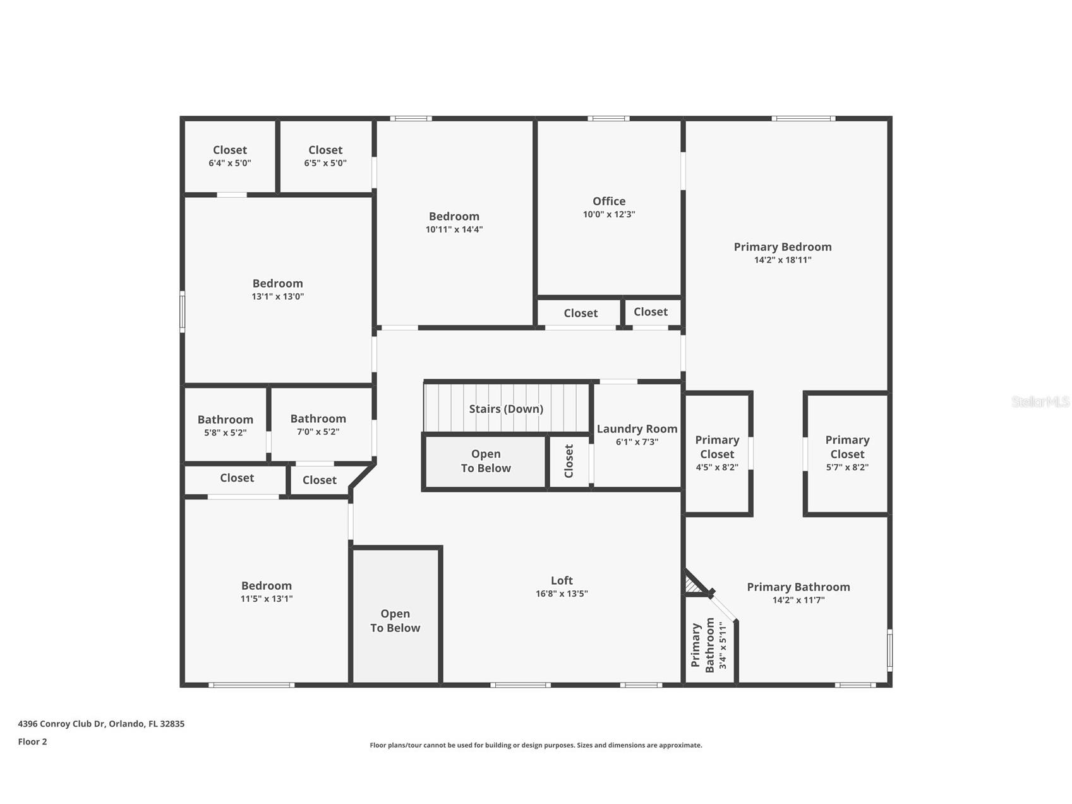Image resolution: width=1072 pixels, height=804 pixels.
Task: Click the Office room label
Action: click(x=608, y=202)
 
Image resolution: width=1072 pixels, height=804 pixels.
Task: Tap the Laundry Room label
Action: click(x=637, y=429)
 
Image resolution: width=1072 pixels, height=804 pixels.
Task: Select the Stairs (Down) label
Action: click(x=505, y=409)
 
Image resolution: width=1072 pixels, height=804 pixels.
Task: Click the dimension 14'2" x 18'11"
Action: click(x=782, y=260)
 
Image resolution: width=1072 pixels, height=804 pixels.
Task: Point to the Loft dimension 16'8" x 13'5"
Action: click(x=561, y=594)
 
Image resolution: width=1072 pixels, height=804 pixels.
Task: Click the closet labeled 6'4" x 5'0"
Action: click(x=229, y=155)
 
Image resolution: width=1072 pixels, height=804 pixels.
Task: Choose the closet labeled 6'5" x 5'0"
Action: click(x=325, y=155)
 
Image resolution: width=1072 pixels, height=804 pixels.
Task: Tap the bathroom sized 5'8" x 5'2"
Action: click(x=225, y=425)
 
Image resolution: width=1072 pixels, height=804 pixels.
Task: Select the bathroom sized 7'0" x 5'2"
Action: click(x=318, y=425)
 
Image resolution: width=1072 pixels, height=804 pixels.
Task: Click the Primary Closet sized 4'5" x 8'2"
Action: click(x=716, y=453)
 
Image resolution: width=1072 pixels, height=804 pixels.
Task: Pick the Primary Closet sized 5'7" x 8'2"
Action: click(x=846, y=453)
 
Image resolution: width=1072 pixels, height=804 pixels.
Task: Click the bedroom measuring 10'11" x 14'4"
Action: click(x=454, y=222)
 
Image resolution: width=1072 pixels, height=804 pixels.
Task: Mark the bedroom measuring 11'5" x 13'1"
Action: click(x=266, y=592)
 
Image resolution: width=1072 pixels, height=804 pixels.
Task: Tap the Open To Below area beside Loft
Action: click(x=395, y=620)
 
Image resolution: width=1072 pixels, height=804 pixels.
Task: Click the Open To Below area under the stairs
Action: click(x=485, y=461)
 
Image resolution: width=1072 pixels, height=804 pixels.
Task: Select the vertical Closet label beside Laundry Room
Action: click(x=569, y=461)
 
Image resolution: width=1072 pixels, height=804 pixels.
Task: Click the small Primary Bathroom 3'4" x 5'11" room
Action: click(x=709, y=645)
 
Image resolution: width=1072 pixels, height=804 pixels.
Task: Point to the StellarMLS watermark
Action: click(x=1040, y=401)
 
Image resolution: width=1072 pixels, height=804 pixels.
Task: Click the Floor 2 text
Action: click(x=32, y=741)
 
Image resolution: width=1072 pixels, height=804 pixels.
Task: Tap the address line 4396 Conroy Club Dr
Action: click(x=101, y=724)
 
